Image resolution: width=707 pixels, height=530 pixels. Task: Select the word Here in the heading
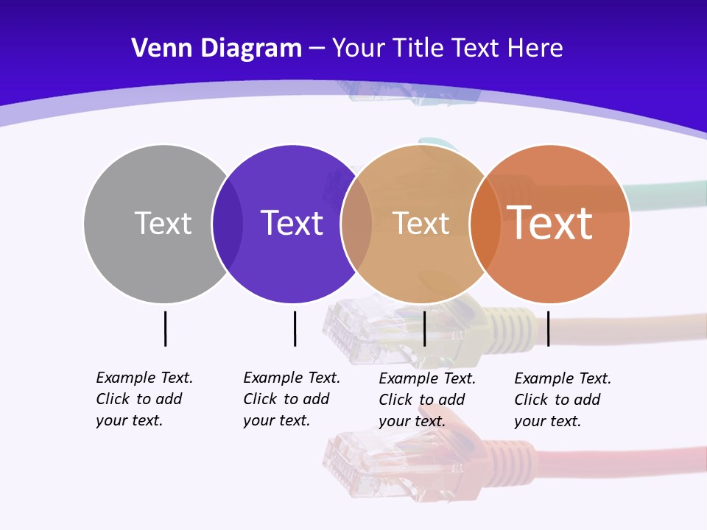point(535,49)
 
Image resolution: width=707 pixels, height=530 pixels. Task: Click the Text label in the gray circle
point(163,223)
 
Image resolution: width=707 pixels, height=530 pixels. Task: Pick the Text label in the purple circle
point(292,223)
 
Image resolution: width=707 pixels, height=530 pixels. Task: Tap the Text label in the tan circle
point(421,224)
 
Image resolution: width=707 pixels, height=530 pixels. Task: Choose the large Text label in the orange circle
point(550,222)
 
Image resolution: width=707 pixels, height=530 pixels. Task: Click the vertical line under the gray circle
point(165,328)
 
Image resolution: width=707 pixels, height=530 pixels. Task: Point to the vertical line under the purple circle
point(295,328)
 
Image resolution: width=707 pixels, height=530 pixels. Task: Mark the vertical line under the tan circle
point(424,328)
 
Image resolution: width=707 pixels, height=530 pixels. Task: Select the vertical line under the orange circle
point(548,328)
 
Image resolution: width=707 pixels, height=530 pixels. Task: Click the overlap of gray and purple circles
point(228,224)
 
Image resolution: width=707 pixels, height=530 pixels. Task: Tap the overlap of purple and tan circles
point(356,224)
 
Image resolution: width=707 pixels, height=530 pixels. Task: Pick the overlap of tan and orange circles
point(485,224)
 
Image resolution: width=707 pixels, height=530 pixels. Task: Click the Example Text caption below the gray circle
point(144,399)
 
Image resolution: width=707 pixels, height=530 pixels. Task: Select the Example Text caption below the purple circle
point(291,399)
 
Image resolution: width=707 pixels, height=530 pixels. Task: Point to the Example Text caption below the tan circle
point(426,400)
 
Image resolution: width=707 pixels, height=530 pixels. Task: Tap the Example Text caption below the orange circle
point(562,400)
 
